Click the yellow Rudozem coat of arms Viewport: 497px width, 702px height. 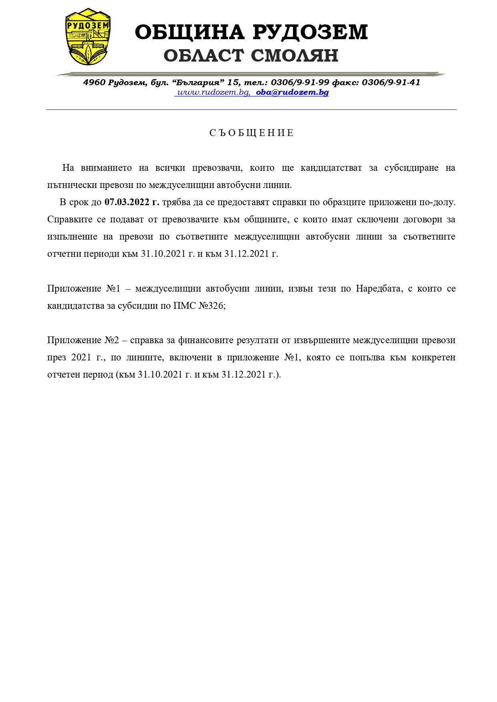click(x=88, y=37)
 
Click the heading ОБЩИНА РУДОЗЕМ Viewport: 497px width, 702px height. click(x=251, y=32)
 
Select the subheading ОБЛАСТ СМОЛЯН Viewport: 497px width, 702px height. click(x=251, y=56)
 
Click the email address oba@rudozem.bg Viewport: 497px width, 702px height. click(x=292, y=92)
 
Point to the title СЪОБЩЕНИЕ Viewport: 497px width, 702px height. click(x=252, y=133)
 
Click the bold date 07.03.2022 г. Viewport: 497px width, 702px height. click(x=132, y=202)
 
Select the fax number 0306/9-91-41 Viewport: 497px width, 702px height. click(x=391, y=82)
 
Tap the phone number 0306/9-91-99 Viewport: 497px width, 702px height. click(x=300, y=82)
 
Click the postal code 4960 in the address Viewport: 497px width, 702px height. click(x=95, y=82)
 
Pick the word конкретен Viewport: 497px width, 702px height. click(x=433, y=358)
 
